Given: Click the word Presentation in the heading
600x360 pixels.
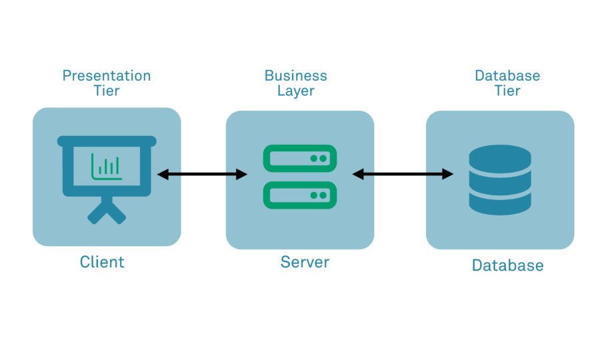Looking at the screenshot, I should tap(107, 76).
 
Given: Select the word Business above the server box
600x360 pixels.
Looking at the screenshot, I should tap(296, 76).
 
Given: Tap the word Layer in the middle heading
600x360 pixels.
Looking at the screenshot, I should tap(296, 91).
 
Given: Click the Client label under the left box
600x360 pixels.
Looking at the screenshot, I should tap(102, 262).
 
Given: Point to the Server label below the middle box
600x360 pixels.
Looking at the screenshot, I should tap(305, 262).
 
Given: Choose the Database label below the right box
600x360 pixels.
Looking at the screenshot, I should tap(507, 265).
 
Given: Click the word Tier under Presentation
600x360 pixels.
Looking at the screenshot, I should tap(107, 91).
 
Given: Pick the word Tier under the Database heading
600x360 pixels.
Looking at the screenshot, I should tap(507, 91).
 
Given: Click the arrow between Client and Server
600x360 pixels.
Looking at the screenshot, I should tap(202, 175).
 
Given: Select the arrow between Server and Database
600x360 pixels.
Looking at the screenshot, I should tap(403, 175).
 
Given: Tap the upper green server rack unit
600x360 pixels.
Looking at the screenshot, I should tap(300, 159).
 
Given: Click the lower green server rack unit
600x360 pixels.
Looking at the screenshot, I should tap(300, 195).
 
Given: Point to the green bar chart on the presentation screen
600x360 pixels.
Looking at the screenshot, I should tap(107, 167).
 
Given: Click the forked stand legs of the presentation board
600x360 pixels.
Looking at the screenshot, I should tap(107, 212).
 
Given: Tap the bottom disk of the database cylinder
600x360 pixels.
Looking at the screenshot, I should tap(500, 203).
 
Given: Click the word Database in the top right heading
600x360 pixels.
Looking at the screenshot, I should tap(507, 76).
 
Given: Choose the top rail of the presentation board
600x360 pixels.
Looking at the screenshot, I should tap(107, 141).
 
